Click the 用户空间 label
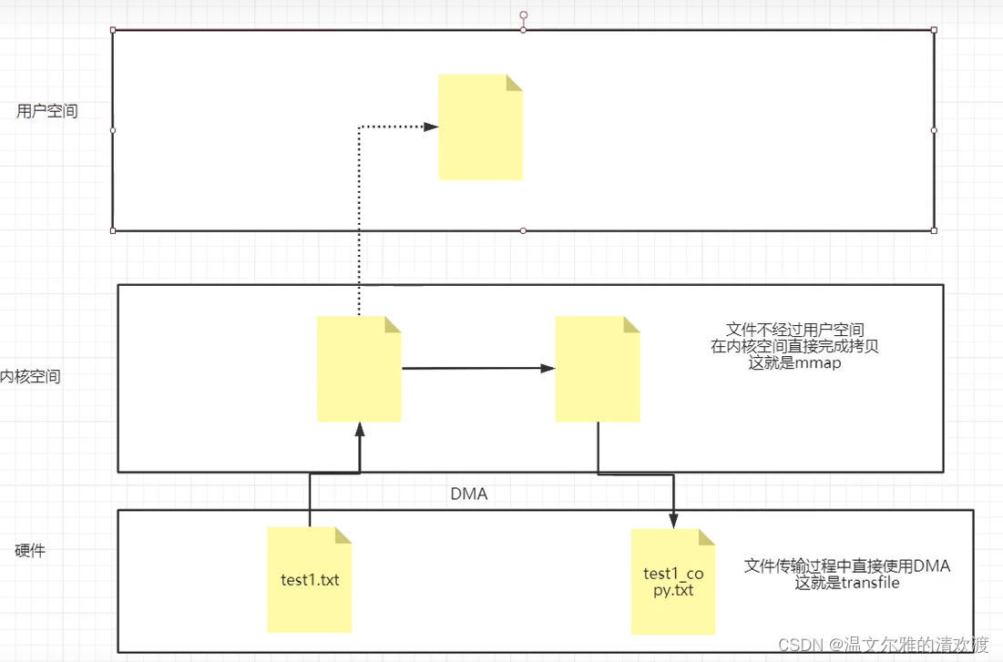coord(47,111)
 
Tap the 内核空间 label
coord(31,376)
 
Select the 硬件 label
coord(30,551)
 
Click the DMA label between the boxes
coord(469,494)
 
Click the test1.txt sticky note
coord(310,579)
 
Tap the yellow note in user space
coord(480,127)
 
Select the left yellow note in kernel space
coord(359,369)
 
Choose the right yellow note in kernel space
coord(598,369)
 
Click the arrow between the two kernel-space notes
coord(478,368)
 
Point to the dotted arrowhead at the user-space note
coord(431,127)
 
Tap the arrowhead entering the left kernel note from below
coord(360,429)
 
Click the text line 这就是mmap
coord(794,363)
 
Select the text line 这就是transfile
coord(847,583)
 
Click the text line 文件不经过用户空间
coord(794,329)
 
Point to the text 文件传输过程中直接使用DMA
coord(847,566)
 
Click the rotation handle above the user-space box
coord(523,15)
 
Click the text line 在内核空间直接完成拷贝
coord(794,346)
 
